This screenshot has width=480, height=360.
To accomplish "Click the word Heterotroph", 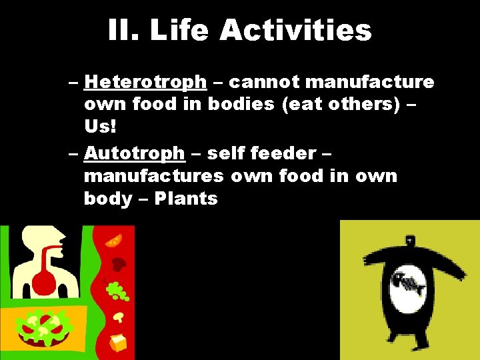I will point(145,82).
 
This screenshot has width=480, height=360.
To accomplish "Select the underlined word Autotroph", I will point(134,153).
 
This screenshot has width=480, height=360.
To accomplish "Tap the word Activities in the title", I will point(295,30).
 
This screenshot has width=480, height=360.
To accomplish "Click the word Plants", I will point(186,199).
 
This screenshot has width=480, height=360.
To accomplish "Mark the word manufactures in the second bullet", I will point(154,176).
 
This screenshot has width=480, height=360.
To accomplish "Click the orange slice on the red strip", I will point(113,240).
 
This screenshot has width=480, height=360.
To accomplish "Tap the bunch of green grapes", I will point(118,291).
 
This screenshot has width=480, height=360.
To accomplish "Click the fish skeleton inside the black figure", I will point(409,284).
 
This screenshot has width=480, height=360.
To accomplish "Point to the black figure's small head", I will point(408,239).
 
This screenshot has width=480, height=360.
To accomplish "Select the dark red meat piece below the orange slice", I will point(119,264).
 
